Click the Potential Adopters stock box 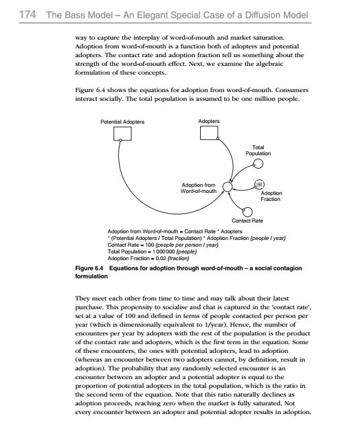point(122,133)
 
